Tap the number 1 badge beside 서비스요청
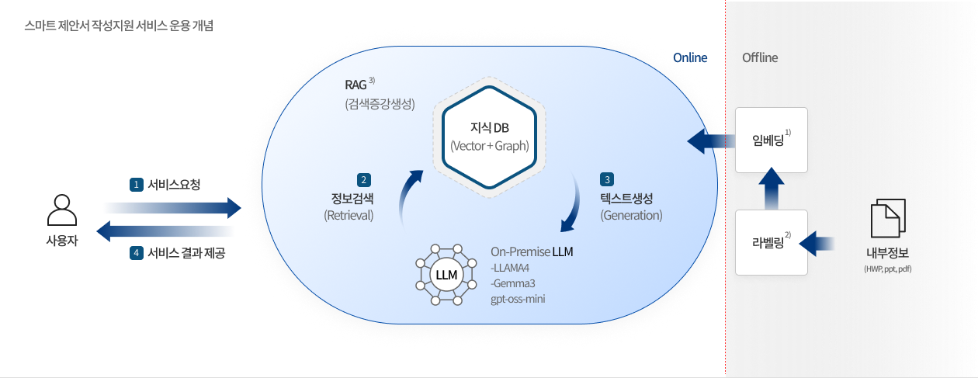[137, 185]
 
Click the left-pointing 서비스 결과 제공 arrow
[165, 231]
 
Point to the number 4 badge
[137, 252]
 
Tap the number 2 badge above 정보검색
[363, 179]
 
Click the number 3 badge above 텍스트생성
[607, 179]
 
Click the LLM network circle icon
[446, 276]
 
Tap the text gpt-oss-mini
[518, 298]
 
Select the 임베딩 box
[772, 140]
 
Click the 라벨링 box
[772, 242]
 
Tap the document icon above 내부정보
[887, 218]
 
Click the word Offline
[759, 58]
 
